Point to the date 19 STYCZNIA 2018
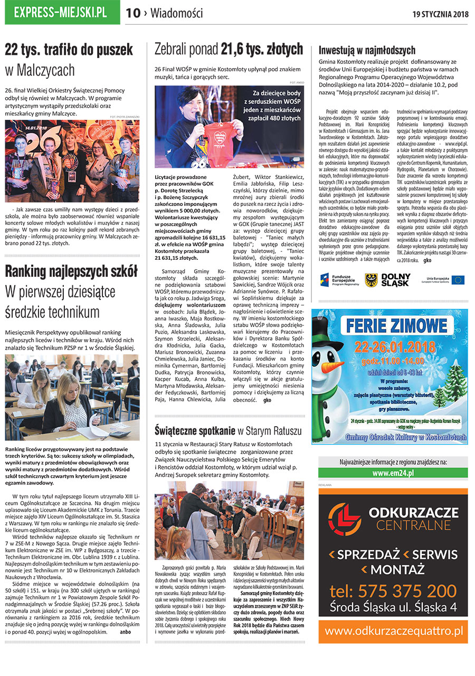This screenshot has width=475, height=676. [440, 14]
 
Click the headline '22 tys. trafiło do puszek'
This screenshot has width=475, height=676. [69, 50]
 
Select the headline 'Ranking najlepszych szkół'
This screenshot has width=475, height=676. [71, 271]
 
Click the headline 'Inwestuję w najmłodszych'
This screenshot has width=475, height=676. [367, 51]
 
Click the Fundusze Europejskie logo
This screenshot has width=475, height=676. [338, 279]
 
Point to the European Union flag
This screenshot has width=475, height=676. [457, 279]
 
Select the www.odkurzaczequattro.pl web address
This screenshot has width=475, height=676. [393, 631]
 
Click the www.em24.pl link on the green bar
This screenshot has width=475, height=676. [393, 473]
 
